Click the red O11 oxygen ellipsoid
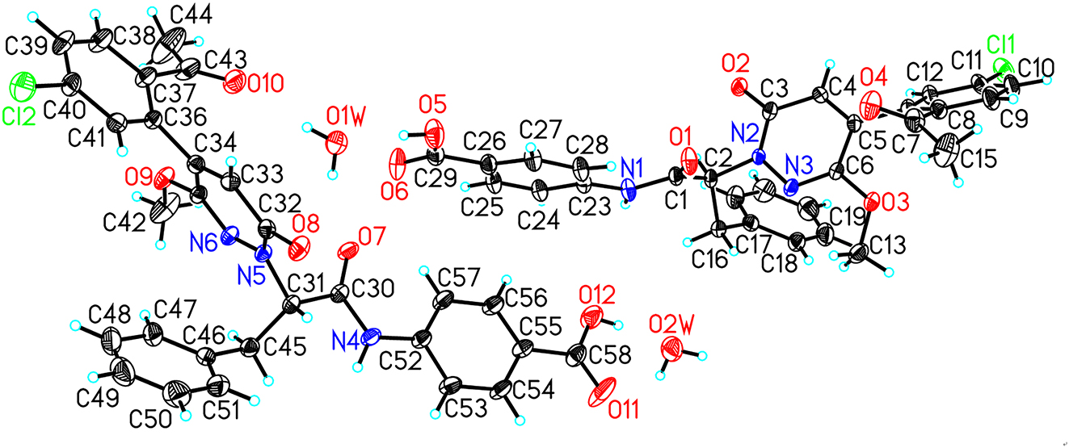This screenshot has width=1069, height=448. click(x=602, y=392)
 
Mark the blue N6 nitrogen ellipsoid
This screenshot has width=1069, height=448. click(x=230, y=234)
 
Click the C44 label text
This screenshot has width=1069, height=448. click(x=191, y=16)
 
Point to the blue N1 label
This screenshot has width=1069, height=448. click(x=633, y=168)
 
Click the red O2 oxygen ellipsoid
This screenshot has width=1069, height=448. click(x=739, y=86)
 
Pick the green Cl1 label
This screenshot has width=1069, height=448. click(x=1000, y=48)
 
